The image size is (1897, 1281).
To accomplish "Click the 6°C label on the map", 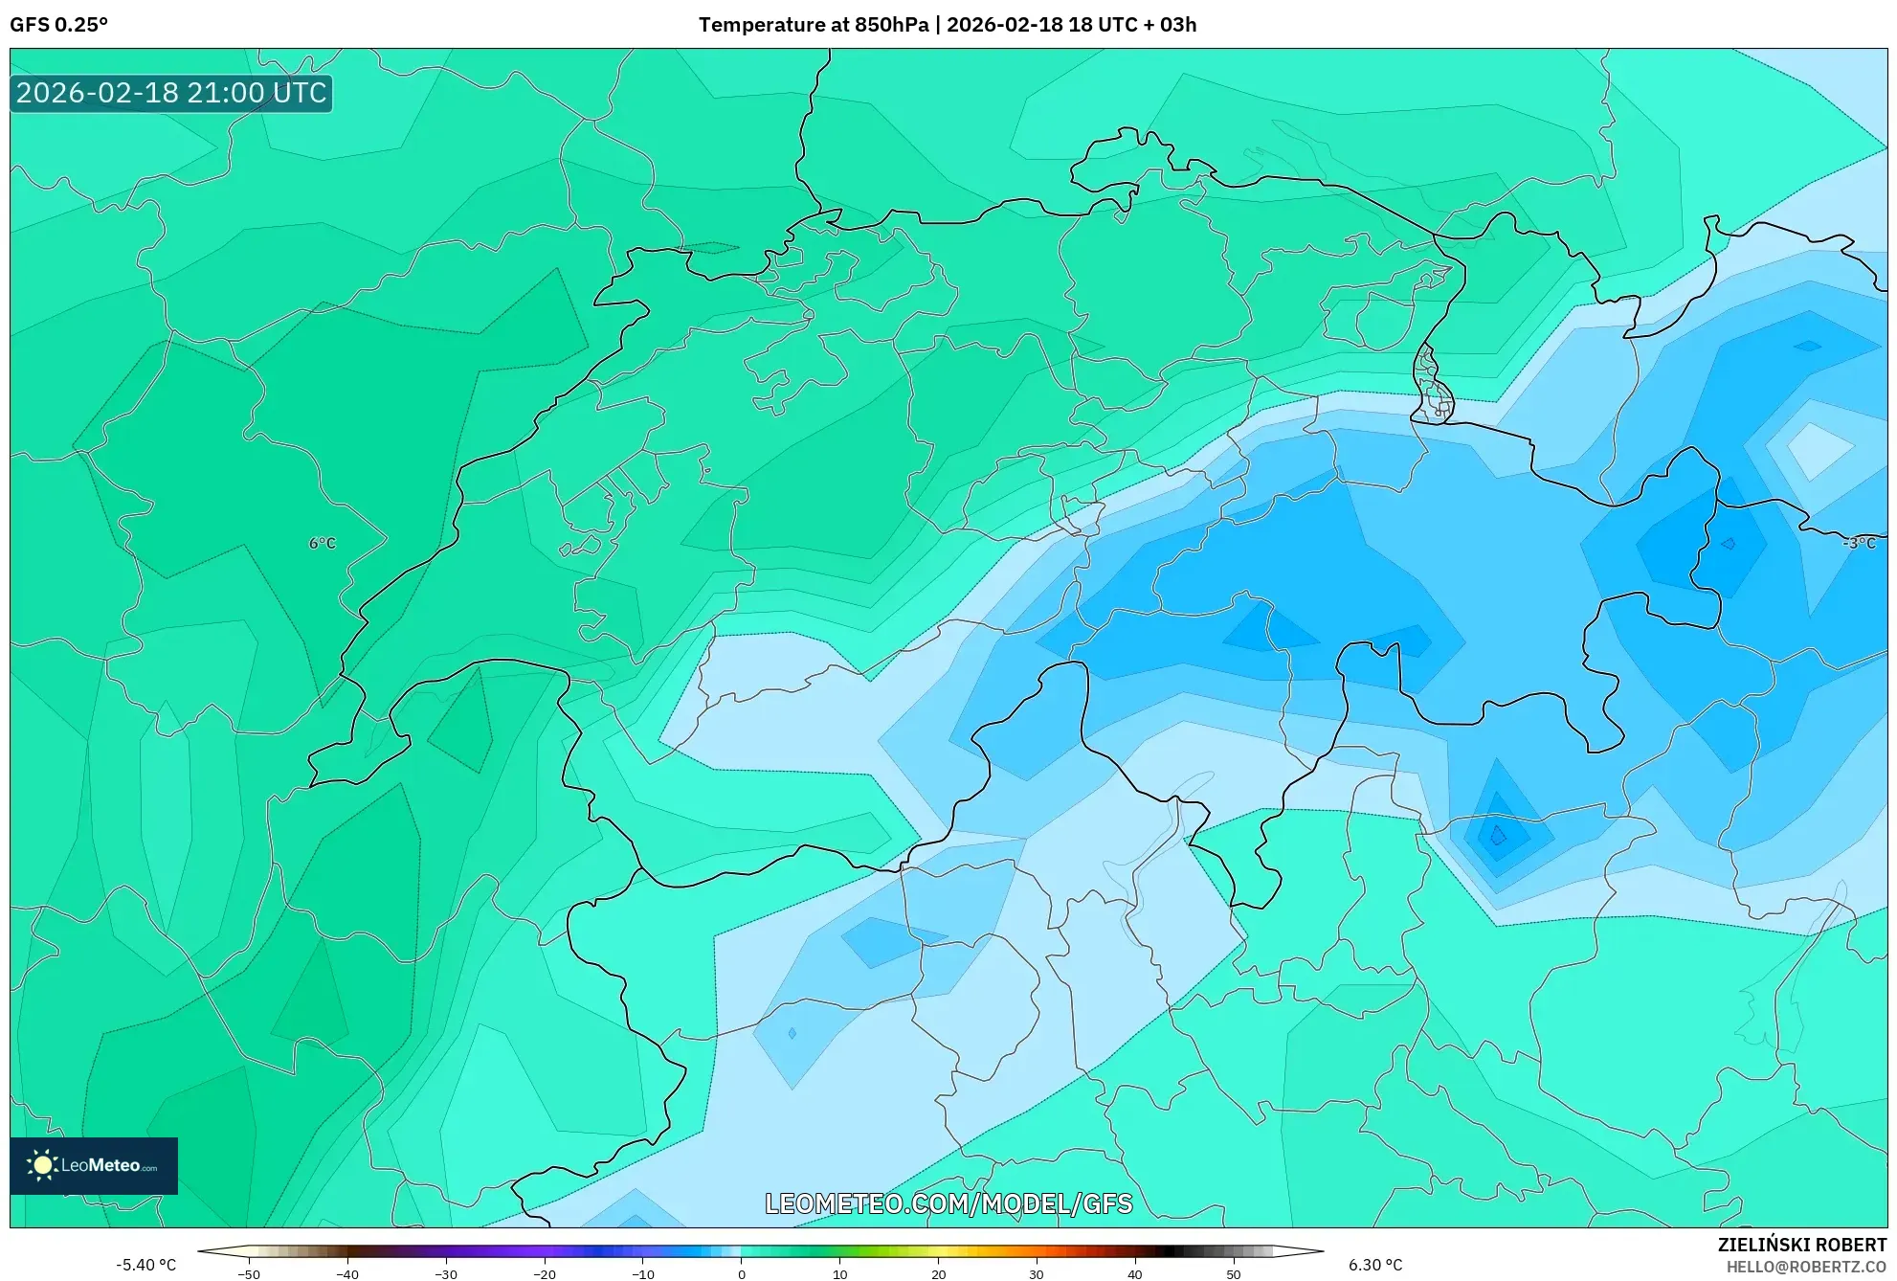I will pos(322,543).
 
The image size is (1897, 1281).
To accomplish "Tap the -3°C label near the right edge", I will pos(1859,543).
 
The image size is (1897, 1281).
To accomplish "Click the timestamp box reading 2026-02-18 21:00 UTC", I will pos(171,93).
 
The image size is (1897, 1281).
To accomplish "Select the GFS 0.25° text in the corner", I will pos(58,25).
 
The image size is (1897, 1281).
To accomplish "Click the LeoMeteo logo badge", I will pos(94,1165).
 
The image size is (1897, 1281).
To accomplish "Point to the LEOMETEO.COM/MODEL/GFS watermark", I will pos(948,1203).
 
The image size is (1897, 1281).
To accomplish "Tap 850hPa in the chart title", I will pos(893,25).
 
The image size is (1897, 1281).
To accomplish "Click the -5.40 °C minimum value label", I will pos(145,1265).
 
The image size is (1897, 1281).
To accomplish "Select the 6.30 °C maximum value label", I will pos(1374,1265).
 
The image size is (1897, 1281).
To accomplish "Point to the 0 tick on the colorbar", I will pos(741,1273).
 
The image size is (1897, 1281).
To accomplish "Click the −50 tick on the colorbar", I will pos(248,1273).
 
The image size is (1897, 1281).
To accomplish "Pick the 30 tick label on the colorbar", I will pos(1037,1273).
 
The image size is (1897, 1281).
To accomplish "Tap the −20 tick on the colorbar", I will pos(544,1273).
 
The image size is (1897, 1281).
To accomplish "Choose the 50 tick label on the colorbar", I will pos(1234,1273).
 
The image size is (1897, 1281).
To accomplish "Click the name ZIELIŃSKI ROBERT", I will pos(1801,1245).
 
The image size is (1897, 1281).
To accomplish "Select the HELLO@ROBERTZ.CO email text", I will pos(1805,1267).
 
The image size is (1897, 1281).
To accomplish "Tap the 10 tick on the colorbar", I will pos(839,1273).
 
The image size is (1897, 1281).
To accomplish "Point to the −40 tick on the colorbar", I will pos(346,1273).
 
